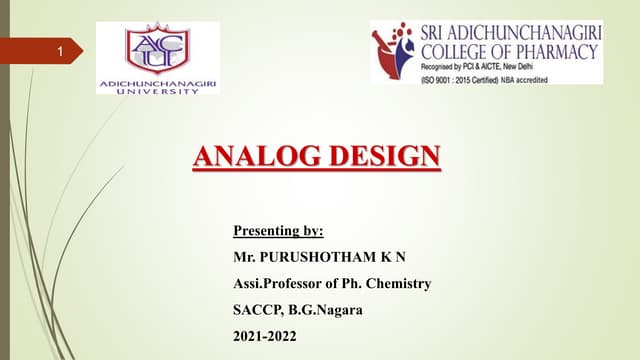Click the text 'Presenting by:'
[278, 232]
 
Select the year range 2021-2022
[265, 336]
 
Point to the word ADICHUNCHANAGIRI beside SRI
[529, 31]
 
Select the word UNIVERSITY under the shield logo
[157, 90]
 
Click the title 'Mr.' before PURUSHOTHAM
[243, 258]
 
